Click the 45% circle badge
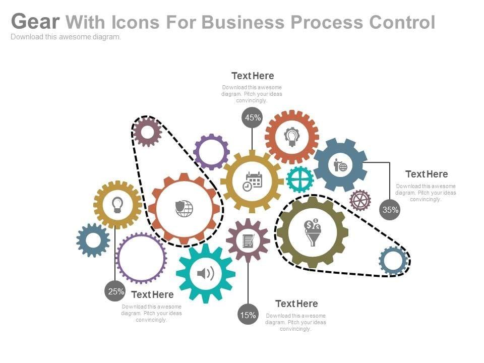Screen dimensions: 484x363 click(252, 117)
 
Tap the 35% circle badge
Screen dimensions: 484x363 click(390, 210)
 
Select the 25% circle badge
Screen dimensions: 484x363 click(115, 291)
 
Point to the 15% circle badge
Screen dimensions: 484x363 click(248, 315)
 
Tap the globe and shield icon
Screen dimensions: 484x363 click(184, 208)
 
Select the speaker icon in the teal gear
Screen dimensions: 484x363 click(206, 273)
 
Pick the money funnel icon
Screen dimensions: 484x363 click(313, 232)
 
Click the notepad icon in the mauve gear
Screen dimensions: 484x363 click(248, 241)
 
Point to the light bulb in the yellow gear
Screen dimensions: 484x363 click(117, 205)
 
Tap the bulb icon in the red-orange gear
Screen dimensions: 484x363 click(291, 137)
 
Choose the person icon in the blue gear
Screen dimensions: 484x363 click(340, 165)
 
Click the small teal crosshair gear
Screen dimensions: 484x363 click(300, 179)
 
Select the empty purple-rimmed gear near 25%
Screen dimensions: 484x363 click(141, 258)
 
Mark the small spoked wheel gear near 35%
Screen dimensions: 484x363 click(360, 200)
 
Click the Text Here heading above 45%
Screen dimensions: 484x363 click(253, 76)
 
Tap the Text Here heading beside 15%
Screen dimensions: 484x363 click(296, 304)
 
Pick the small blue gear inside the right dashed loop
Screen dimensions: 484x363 click(393, 261)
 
